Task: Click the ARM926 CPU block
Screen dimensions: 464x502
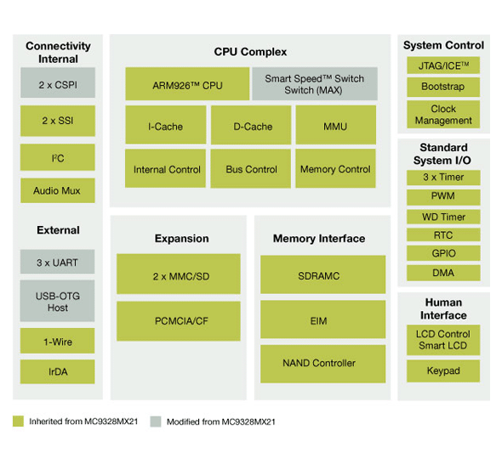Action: coord(187,85)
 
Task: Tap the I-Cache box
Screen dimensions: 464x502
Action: coord(165,126)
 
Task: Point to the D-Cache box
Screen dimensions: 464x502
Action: coord(252,126)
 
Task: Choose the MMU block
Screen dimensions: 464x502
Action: coord(335,126)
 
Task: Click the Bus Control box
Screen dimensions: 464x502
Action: coord(252,169)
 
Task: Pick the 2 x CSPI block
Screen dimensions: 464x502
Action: coord(57,84)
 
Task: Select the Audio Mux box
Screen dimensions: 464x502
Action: coord(57,190)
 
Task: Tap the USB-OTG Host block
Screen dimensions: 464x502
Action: coord(57,301)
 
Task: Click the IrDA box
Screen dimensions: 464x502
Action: coord(57,371)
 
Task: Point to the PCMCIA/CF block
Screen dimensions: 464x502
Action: coord(180,320)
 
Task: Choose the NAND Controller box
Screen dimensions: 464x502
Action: coord(318,363)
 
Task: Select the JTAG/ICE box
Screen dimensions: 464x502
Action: coord(444,65)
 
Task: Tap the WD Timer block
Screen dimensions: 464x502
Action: coord(444,216)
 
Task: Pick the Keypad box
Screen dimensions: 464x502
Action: coord(444,371)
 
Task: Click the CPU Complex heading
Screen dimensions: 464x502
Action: coord(250,52)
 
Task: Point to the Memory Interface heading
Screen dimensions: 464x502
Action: coord(318,239)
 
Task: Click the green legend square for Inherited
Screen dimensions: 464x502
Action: coord(18,421)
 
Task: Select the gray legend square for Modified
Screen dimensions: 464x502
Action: coord(154,421)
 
